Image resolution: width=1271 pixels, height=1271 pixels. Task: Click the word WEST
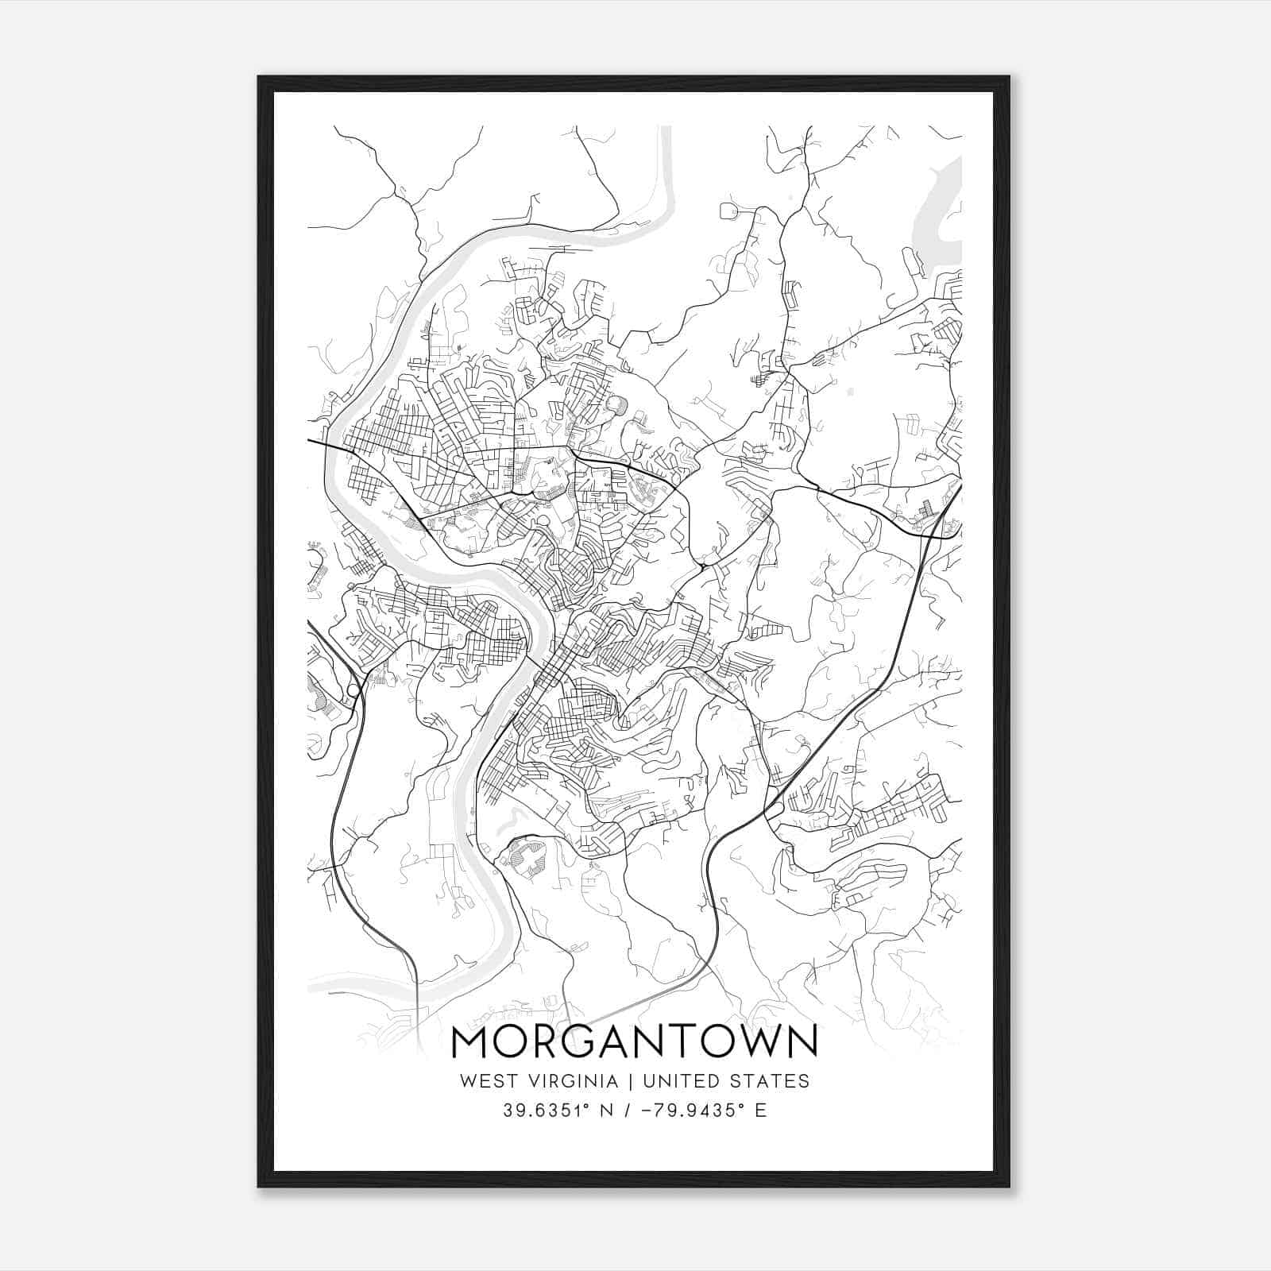(x=484, y=1081)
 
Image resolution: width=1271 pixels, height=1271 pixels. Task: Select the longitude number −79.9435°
(x=695, y=1111)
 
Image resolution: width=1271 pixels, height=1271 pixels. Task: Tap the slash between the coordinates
(x=627, y=1111)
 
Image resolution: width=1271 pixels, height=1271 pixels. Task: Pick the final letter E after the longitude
(x=762, y=1111)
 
